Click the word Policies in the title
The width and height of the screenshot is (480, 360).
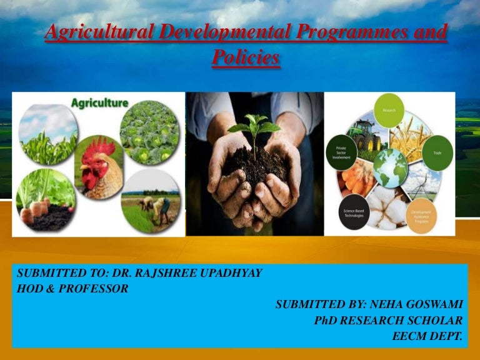point(245,58)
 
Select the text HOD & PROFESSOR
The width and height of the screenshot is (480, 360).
point(72,289)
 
